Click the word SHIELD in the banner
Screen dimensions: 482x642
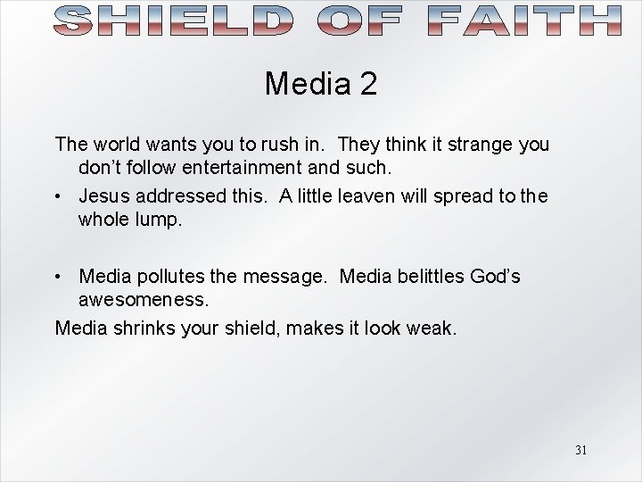(x=173, y=20)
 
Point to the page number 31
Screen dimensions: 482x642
(x=580, y=450)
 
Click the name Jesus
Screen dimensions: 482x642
(x=105, y=195)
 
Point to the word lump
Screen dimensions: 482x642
(x=161, y=219)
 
